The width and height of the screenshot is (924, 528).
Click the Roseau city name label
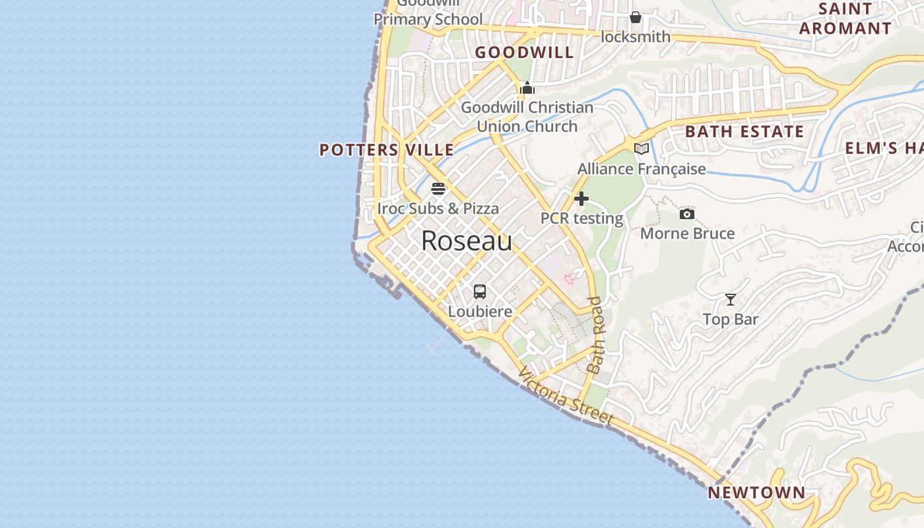pos(467,242)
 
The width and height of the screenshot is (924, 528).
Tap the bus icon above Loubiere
pos(480,291)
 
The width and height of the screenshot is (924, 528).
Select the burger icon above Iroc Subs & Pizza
pos(438,189)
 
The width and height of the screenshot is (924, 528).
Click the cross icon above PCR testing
pos(581,199)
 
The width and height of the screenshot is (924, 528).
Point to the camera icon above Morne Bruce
pos(687,214)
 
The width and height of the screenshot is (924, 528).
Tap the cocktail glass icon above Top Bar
pos(731,300)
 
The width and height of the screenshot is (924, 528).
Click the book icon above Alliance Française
pos(642,148)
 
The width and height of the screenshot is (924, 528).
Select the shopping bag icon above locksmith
pos(635,17)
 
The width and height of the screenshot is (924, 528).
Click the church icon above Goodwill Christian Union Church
pos(527,88)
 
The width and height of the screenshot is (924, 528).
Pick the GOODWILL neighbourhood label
pos(525,53)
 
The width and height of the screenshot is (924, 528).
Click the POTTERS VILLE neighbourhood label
pos(387,150)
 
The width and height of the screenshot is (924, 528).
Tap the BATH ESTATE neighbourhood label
pos(744,131)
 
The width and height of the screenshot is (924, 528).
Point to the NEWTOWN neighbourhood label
pos(756,492)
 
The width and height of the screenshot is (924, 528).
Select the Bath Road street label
pos(597,335)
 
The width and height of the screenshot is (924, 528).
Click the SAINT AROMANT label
pos(845,19)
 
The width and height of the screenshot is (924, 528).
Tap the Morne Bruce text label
pos(687,234)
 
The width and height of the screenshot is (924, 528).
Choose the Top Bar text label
pos(730,319)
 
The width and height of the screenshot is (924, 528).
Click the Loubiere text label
pos(480,311)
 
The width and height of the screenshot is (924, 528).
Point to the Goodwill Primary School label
pos(428,15)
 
